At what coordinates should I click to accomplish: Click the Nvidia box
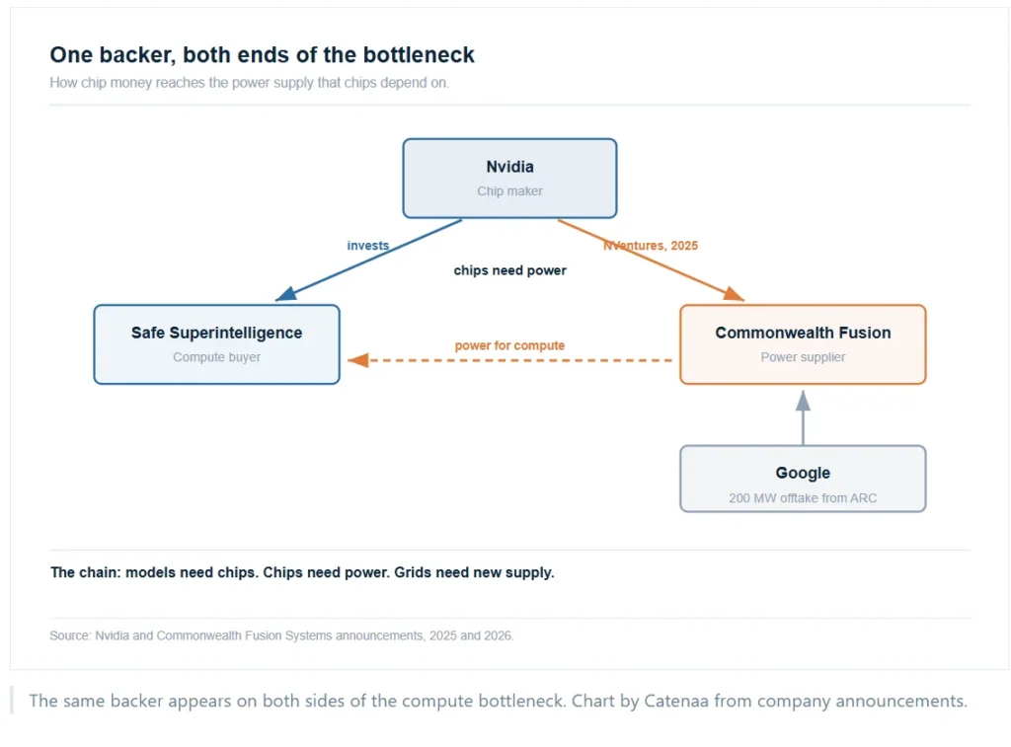(x=509, y=178)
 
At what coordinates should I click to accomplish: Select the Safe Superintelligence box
(x=216, y=344)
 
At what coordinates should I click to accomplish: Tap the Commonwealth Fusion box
(x=803, y=344)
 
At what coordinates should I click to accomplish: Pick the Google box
(x=803, y=479)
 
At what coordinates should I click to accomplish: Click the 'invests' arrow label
(x=368, y=246)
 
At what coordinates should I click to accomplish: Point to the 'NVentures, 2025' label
(x=651, y=246)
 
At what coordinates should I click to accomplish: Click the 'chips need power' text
(x=510, y=270)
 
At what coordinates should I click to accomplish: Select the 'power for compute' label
(x=509, y=345)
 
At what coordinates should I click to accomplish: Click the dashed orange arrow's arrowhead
(x=357, y=360)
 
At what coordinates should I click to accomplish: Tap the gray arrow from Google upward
(x=803, y=417)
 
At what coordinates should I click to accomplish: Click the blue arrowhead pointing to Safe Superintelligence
(x=285, y=294)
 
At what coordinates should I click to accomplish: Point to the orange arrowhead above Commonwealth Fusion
(x=734, y=294)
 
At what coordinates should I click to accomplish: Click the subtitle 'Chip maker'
(x=509, y=191)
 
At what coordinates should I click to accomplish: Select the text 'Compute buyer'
(x=216, y=357)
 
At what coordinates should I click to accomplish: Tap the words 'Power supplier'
(x=803, y=357)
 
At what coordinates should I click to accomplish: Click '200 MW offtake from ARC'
(x=803, y=498)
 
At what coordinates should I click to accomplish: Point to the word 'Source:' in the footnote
(x=70, y=635)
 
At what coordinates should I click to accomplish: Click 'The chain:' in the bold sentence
(x=86, y=572)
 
